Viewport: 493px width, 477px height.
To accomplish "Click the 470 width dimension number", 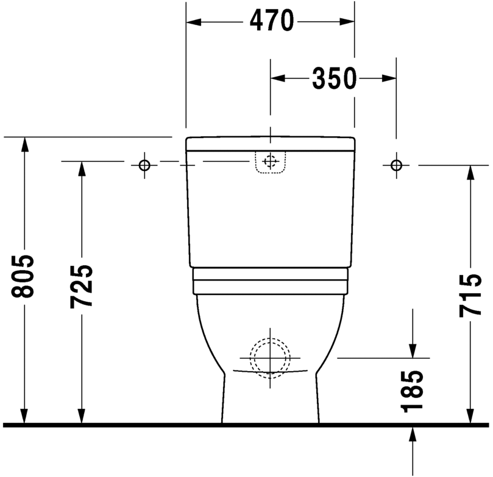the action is click(272, 21).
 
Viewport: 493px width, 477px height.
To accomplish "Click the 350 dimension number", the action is click(335, 78).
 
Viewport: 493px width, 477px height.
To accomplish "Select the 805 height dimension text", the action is click(23, 276).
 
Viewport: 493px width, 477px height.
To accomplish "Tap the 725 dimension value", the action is click(81, 287).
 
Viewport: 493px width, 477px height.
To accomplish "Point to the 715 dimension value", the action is click(470, 295).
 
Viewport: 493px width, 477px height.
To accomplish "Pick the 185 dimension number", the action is click(412, 391).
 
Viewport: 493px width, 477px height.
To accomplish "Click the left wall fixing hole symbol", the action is click(144, 165).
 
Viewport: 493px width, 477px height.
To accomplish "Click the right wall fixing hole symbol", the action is click(396, 165).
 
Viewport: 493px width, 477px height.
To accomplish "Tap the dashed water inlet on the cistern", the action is click(270, 162).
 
